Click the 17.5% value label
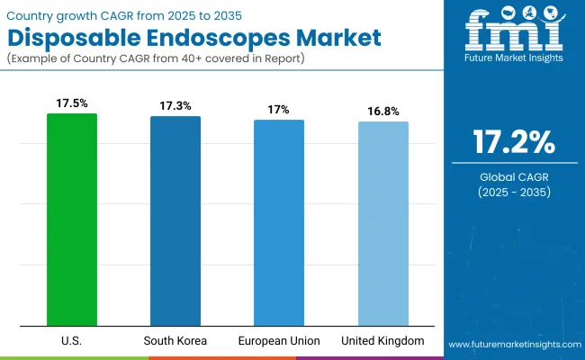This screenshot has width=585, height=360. [72, 103]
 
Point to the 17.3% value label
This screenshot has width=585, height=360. [175, 106]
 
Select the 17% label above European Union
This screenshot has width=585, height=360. [279, 109]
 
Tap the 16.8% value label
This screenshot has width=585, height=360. [383, 111]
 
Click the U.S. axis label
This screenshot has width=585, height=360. [72, 341]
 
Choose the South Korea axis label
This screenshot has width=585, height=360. [175, 341]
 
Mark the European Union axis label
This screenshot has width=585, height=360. [279, 341]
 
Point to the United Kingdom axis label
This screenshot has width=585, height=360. [383, 341]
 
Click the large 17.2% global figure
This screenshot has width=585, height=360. [514, 143]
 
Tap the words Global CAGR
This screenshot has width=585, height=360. [514, 176]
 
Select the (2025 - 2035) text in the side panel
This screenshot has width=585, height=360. [514, 193]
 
